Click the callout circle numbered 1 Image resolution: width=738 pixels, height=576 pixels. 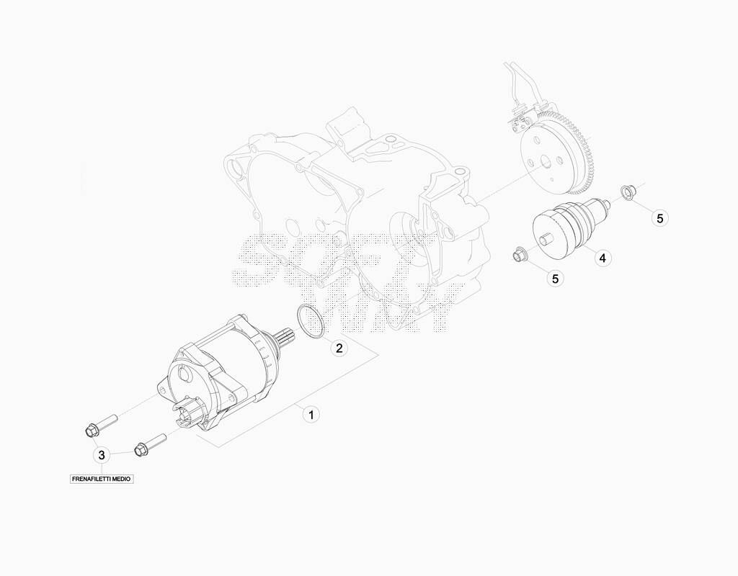coord(311,415)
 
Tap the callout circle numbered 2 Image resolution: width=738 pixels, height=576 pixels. coord(339,348)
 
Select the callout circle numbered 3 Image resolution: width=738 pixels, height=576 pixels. coord(102,455)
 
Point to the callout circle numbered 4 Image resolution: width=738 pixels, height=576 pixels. coord(603,258)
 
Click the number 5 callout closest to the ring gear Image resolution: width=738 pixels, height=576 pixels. coord(660,218)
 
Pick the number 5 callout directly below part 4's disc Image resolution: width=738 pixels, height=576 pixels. coord(556,279)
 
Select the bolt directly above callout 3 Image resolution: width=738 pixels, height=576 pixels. coord(100,423)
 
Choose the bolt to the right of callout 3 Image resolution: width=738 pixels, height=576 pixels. coord(150,444)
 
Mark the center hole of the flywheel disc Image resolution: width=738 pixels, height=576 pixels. coord(546,163)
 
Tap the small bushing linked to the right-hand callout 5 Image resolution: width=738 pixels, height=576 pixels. coord(627,192)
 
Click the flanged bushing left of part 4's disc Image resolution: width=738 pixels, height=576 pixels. coord(519,254)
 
